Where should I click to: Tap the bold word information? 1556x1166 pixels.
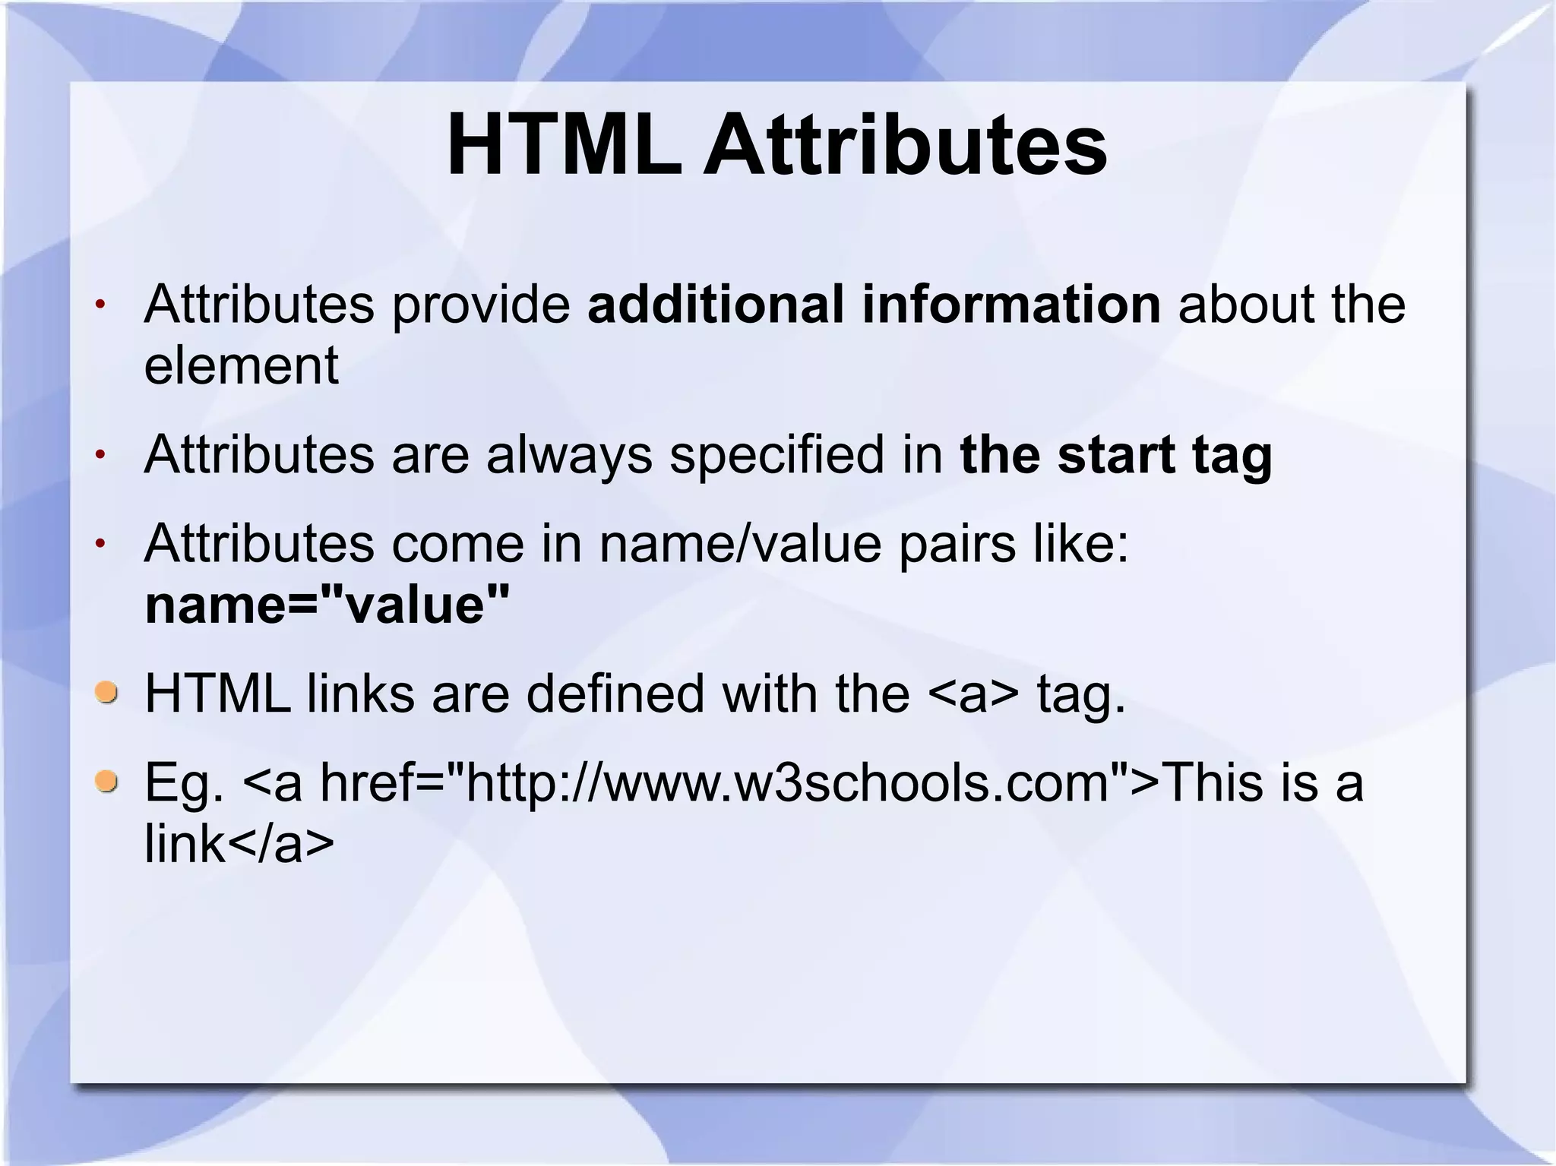coord(1010,304)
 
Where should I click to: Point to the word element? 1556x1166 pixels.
coord(241,365)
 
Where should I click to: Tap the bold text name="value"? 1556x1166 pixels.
coord(327,605)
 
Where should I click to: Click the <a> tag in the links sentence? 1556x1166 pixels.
coord(973,694)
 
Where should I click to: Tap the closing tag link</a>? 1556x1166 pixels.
coord(239,844)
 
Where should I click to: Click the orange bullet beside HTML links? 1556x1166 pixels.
coord(106,692)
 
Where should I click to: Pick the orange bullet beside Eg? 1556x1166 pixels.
coord(106,781)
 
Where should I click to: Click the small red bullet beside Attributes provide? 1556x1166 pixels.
coord(100,305)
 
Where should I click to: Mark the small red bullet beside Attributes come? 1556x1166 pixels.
coord(100,545)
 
